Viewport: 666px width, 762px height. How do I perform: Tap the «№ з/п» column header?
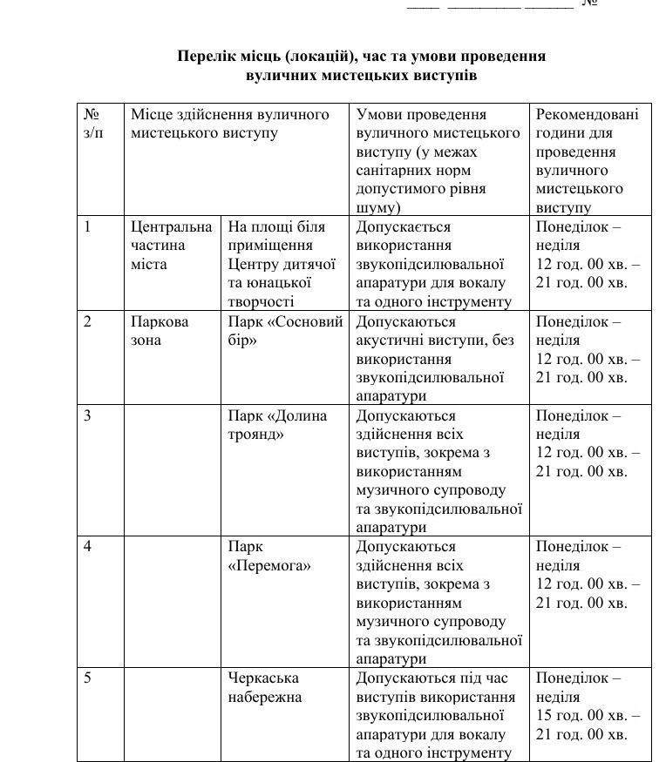pyautogui.click(x=92, y=124)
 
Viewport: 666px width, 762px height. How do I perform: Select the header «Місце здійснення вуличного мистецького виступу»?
pyautogui.click(x=230, y=124)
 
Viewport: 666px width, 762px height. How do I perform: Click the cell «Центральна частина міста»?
pyautogui.click(x=171, y=246)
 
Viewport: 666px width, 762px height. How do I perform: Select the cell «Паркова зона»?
pyautogui.click(x=160, y=331)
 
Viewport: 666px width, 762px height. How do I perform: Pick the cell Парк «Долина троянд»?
pyautogui.click(x=278, y=425)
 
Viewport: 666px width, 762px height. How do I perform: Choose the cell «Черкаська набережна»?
pyautogui.click(x=265, y=687)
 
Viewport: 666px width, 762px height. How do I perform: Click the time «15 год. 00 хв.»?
pyautogui.click(x=583, y=716)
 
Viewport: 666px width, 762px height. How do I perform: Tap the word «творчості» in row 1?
pyautogui.click(x=259, y=301)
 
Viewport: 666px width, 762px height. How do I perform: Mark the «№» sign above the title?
pyautogui.click(x=589, y=3)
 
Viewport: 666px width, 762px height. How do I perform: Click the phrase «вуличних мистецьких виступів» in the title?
pyautogui.click(x=361, y=76)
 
